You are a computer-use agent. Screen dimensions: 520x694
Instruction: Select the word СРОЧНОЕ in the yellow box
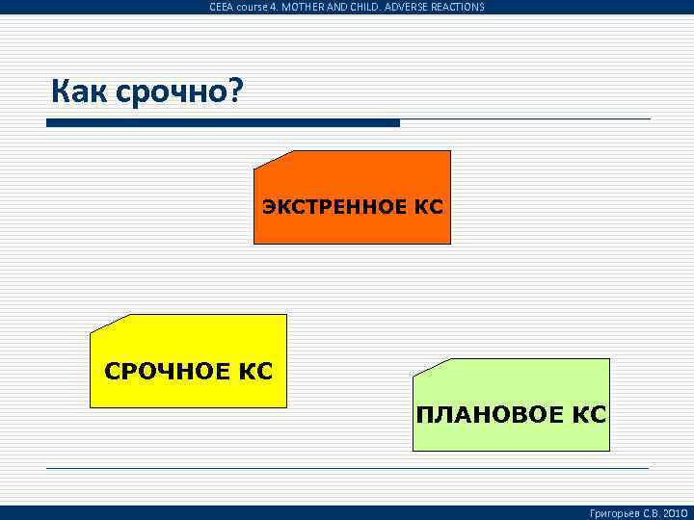pyautogui.click(x=163, y=371)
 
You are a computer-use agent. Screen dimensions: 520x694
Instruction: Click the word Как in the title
pyautogui.click(x=81, y=92)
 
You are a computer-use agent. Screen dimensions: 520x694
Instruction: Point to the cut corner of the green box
pyautogui.click(x=430, y=367)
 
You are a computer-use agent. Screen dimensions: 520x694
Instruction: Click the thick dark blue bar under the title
pyautogui.click(x=223, y=123)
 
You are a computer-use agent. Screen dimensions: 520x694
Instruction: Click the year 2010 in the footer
pyautogui.click(x=673, y=513)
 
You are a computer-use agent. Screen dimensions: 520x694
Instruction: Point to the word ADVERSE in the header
pyautogui.click(x=400, y=7)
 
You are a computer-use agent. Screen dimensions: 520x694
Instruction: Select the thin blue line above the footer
pyautogui.click(x=347, y=468)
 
